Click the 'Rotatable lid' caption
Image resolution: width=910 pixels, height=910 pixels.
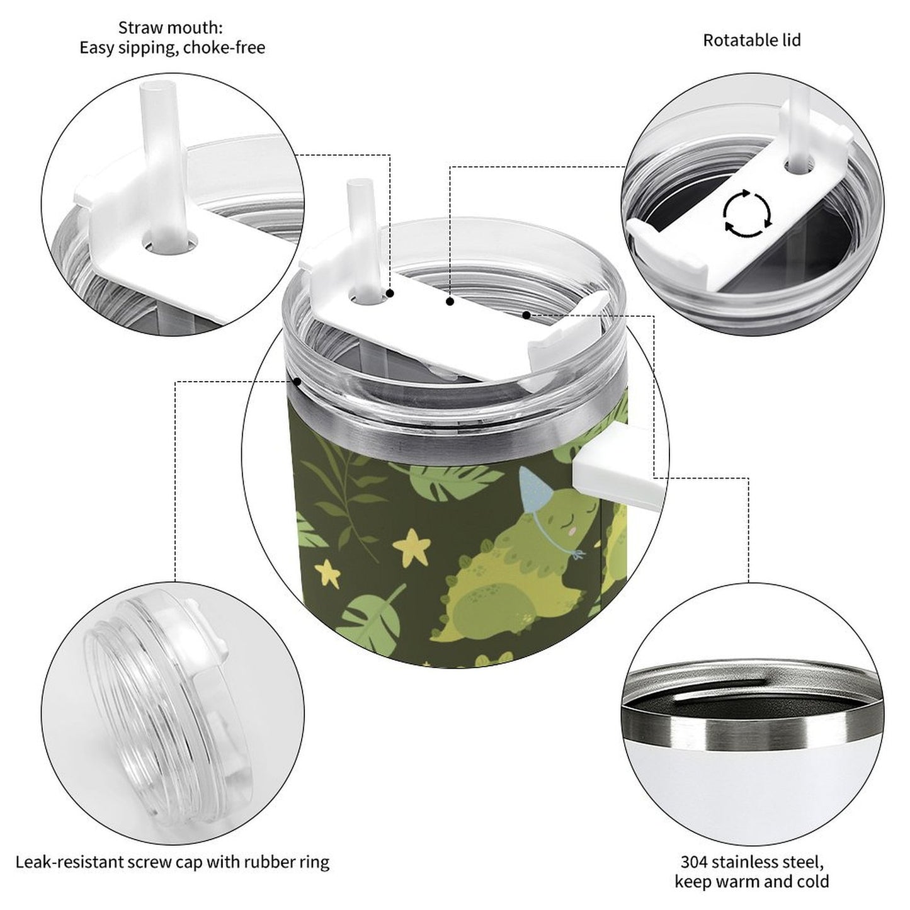pyautogui.click(x=752, y=40)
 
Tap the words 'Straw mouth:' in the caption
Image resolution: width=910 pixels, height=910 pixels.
pyautogui.click(x=170, y=28)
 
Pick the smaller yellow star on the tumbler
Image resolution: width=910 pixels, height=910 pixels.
pyautogui.click(x=327, y=575)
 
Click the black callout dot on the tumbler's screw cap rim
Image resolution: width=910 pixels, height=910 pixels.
pyautogui.click(x=297, y=380)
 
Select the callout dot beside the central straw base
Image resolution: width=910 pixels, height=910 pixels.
pyautogui.click(x=390, y=293)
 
